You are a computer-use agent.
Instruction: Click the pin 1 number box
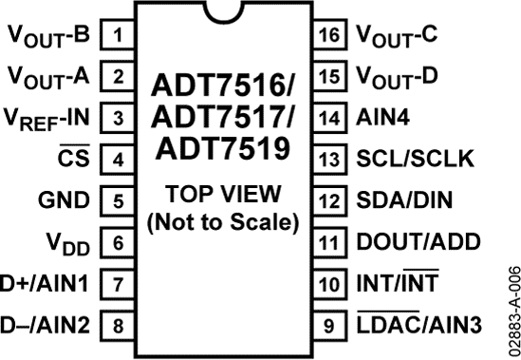[x=117, y=36]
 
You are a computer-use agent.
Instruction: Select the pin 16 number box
[x=329, y=36]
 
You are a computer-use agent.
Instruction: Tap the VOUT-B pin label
[x=49, y=38]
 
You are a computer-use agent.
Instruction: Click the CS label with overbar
[x=72, y=159]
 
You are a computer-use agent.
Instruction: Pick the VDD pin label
[x=69, y=243]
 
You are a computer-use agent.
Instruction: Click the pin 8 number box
[x=117, y=325]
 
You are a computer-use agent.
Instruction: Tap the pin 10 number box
[x=329, y=283]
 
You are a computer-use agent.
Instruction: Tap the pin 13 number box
[x=329, y=160]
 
